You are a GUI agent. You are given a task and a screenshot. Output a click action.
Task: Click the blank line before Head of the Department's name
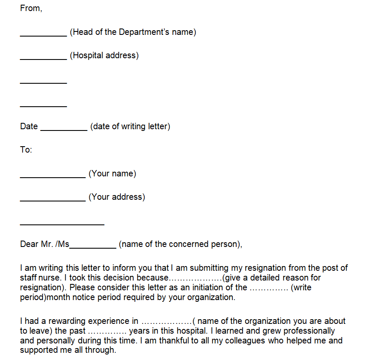click(x=43, y=36)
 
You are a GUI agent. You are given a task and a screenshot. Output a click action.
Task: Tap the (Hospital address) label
click(x=104, y=55)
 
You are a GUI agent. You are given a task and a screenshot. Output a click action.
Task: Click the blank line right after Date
click(x=64, y=130)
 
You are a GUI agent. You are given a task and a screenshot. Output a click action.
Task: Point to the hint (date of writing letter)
click(x=130, y=126)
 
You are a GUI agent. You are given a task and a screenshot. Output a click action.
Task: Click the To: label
click(x=26, y=150)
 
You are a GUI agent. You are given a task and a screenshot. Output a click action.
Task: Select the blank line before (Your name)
click(x=53, y=177)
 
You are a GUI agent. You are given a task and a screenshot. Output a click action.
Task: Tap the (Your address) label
click(x=117, y=197)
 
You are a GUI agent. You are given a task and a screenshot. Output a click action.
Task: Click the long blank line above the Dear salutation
click(x=62, y=224)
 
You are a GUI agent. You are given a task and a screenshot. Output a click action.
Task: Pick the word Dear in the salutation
click(x=29, y=244)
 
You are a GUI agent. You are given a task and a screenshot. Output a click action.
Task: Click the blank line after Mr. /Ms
click(x=93, y=247)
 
